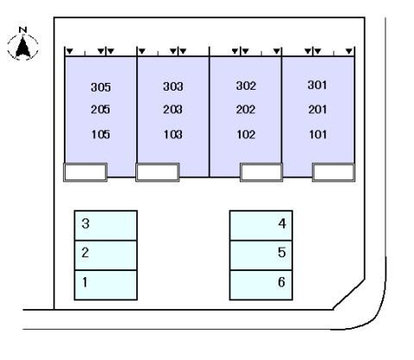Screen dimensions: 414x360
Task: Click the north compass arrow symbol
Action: click(x=23, y=46)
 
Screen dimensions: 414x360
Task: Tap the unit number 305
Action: click(x=101, y=87)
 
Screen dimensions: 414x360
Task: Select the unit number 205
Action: click(x=100, y=110)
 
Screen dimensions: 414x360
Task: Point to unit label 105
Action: click(x=101, y=135)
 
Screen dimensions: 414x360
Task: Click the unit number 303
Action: click(x=172, y=86)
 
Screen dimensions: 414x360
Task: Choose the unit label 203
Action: click(x=172, y=110)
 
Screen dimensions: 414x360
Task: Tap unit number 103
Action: click(x=172, y=135)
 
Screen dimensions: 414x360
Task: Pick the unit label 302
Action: click(x=246, y=85)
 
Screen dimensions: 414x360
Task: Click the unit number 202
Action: click(x=246, y=110)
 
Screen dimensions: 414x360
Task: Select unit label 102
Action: click(x=246, y=135)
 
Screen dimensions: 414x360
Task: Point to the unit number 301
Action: click(x=317, y=85)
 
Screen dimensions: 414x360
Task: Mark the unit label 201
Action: click(x=317, y=110)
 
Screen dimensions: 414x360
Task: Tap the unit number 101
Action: click(x=317, y=135)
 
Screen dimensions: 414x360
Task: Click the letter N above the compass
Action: click(x=22, y=29)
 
